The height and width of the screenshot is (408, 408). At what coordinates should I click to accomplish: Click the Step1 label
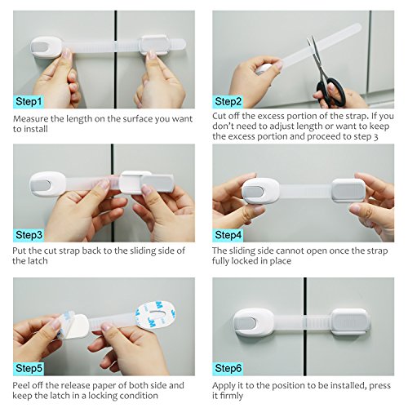[x=29, y=102]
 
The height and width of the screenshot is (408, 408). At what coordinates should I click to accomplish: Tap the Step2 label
[x=228, y=102]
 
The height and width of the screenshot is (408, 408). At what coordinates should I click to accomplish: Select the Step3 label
[x=29, y=235]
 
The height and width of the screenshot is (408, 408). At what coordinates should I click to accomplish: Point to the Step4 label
[x=228, y=235]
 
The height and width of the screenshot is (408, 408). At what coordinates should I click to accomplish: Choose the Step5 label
[x=29, y=368]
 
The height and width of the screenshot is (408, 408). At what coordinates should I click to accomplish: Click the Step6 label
[x=228, y=368]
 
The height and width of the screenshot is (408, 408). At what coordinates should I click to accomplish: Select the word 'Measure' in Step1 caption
[x=30, y=119]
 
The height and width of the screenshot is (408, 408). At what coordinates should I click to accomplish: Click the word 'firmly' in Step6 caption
[x=231, y=396]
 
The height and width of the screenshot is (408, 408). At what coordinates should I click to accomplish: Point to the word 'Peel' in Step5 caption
[x=21, y=385]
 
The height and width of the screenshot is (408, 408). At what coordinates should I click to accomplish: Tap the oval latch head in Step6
[x=254, y=322]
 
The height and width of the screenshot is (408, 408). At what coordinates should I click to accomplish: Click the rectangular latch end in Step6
[x=351, y=322]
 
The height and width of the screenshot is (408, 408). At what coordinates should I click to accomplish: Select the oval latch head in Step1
[x=46, y=47]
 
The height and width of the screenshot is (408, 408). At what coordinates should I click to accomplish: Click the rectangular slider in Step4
[x=348, y=190]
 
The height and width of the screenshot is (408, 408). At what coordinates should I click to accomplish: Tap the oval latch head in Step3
[x=47, y=184]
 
